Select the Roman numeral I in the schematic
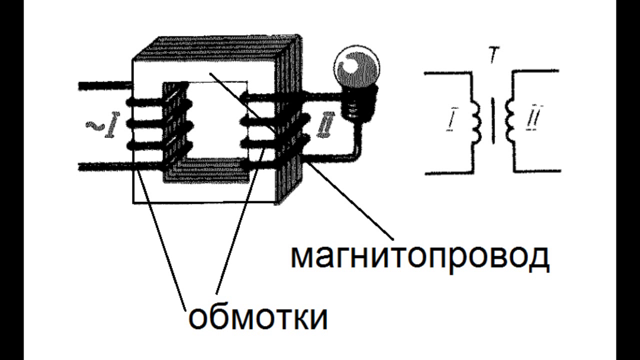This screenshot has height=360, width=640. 451,118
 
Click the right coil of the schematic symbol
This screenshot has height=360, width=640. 509,120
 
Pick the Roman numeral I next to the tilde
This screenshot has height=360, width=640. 111,125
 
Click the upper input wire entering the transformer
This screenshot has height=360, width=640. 104,85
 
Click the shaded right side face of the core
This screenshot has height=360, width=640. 288,120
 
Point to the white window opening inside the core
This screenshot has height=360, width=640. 217,120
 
